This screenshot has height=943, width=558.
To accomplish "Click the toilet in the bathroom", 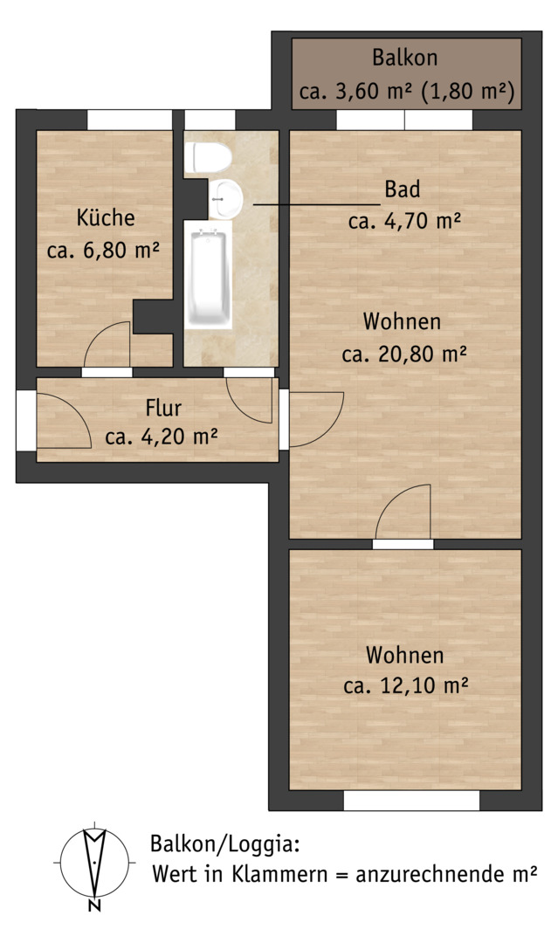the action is click(x=208, y=157).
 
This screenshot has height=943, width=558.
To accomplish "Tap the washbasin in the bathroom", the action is click(x=225, y=198).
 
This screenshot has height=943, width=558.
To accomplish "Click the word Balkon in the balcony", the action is click(x=404, y=58).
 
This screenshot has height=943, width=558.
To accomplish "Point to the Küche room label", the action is click(x=106, y=217).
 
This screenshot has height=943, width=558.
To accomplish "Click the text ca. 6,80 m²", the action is click(x=103, y=250).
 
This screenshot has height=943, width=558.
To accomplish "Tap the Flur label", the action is click(x=163, y=408).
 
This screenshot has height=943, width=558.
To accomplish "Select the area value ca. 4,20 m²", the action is click(x=162, y=436).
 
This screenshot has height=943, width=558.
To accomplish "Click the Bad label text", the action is click(x=403, y=189).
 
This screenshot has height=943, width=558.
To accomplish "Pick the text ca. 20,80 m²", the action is click(x=404, y=354).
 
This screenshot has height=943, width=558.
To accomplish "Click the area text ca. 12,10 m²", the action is click(x=406, y=685).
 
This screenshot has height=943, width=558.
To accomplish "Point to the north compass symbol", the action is click(x=94, y=861).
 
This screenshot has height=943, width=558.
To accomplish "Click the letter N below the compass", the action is click(x=93, y=905).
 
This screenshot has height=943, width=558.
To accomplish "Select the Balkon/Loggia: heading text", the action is click(x=225, y=843).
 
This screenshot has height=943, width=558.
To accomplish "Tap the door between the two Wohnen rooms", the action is click(x=403, y=515).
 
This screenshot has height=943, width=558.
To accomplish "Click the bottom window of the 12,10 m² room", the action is click(x=412, y=801).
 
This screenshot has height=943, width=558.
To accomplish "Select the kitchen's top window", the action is click(x=130, y=120).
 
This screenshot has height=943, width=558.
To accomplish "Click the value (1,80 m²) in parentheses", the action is click(x=468, y=92).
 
